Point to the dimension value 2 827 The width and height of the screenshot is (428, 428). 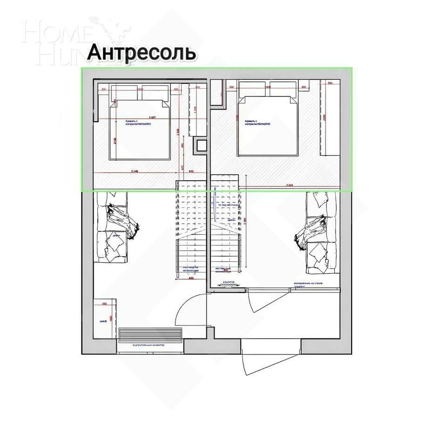(x=152, y=116)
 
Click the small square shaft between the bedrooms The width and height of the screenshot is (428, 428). (x=201, y=145)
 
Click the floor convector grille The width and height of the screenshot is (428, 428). (x=150, y=334)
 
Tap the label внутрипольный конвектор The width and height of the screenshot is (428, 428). (x=149, y=345)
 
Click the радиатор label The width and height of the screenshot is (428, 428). (x=228, y=282)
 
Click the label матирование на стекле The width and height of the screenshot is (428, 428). (x=308, y=284)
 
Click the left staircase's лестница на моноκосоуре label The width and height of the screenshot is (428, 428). (x=189, y=269)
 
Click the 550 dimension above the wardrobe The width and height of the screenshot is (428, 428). (x=105, y=304)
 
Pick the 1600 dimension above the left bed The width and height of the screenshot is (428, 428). (x=139, y=89)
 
